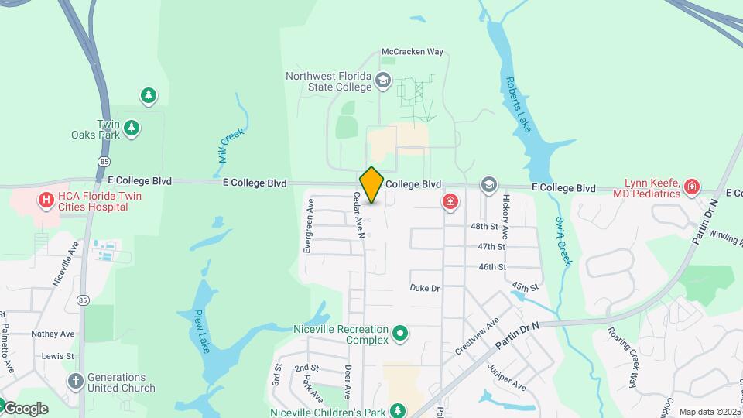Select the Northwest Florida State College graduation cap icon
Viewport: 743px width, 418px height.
click(383, 81)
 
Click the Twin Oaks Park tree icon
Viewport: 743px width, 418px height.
click(132, 128)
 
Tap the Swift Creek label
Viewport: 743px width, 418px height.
click(563, 241)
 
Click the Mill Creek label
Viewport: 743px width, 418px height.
click(231, 145)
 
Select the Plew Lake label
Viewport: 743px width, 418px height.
click(203, 328)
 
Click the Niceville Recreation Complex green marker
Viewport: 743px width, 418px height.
click(400, 334)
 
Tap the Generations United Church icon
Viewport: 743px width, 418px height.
click(75, 380)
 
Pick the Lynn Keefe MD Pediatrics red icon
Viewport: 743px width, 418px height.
click(692, 187)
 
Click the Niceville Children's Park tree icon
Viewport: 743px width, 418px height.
click(398, 409)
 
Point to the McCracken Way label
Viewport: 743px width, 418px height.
click(413, 52)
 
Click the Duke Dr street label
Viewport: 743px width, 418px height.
click(425, 288)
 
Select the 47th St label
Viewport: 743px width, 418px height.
click(491, 246)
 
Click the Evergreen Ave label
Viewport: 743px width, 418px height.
click(309, 226)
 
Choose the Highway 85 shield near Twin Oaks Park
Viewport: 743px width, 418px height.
click(104, 160)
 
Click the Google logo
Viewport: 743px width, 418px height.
click(26, 409)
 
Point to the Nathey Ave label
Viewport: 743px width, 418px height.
click(53, 334)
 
